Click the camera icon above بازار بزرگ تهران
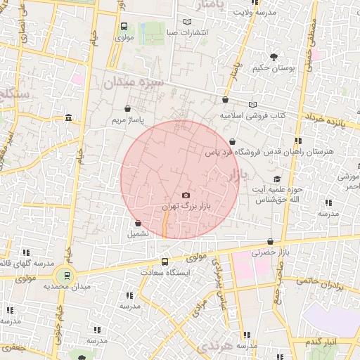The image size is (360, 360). point(186,195)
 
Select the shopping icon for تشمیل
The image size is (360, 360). point(138,223)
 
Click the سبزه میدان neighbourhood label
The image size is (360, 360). point(134,83)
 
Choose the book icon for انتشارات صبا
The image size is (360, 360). point(186,22)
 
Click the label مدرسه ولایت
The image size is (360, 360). point(253,13)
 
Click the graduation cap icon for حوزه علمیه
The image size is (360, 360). point(277,179)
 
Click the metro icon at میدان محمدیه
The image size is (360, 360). point(66,275)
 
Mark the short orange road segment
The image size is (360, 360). point(165,226)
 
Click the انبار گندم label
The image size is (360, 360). point(322,342)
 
